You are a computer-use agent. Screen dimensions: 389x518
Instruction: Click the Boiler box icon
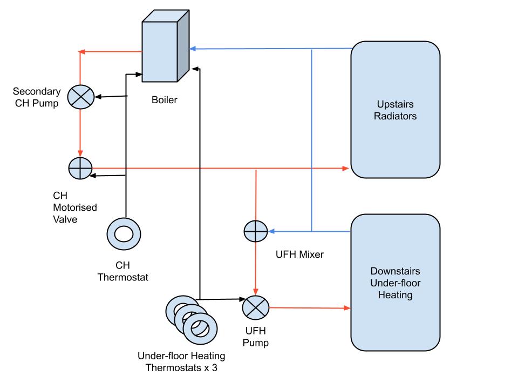(165, 49)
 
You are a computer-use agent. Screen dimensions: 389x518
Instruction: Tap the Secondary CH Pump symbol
(80, 98)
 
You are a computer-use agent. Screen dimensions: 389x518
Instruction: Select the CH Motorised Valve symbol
(80, 169)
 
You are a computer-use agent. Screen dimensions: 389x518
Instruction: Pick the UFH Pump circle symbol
(255, 308)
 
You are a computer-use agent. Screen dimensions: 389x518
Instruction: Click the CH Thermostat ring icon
(124, 233)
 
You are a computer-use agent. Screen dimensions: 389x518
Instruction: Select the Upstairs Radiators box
(395, 109)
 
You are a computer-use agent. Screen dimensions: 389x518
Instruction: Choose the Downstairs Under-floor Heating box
(395, 282)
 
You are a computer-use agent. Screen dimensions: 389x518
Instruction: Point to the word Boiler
(164, 100)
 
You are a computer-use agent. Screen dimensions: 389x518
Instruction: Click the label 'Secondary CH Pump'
(37, 97)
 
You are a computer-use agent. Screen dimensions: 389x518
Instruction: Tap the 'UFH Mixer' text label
(299, 254)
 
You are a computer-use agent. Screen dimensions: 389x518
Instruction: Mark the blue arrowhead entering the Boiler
(192, 49)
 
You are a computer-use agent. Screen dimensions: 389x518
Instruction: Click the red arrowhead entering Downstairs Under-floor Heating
(346, 308)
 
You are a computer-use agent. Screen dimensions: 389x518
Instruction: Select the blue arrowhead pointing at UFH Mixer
(272, 232)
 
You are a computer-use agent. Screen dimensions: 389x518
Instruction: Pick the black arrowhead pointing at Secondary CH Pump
(98, 98)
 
